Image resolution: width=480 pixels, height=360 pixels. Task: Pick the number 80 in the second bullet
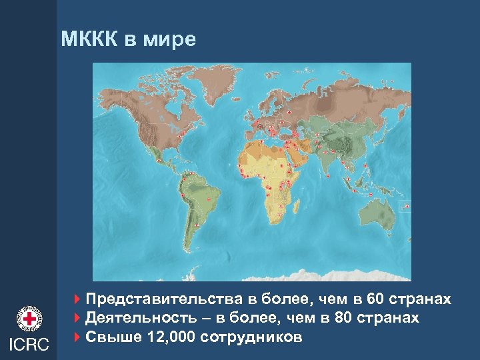point(344,318)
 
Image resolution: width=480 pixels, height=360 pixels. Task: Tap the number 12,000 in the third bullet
point(171,337)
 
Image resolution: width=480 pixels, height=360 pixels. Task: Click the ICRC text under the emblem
point(29,344)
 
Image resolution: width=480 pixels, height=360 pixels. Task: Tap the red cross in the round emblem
point(29,319)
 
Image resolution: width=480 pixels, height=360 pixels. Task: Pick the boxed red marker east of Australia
point(406,207)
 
